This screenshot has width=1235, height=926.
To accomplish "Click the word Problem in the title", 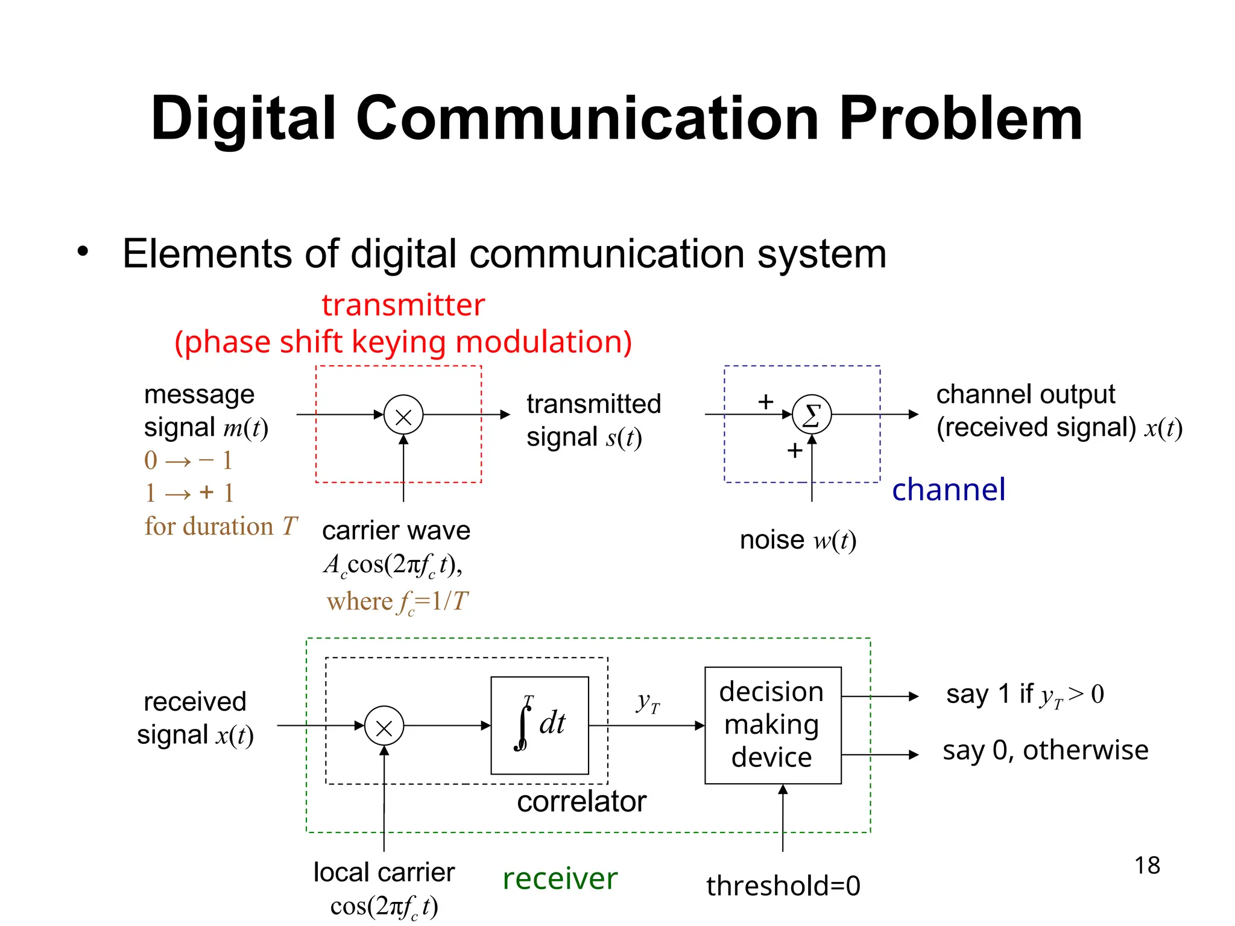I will (x=960, y=119).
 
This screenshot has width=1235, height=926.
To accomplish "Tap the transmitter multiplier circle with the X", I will (x=403, y=415).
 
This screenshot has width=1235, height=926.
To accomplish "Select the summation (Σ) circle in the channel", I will (x=812, y=415).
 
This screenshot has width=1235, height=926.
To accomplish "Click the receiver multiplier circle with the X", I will (x=384, y=726).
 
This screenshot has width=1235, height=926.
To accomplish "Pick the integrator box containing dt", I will (x=540, y=725).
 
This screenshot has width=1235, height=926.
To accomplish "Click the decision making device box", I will (x=772, y=725).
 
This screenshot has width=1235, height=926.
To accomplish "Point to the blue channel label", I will (x=948, y=490).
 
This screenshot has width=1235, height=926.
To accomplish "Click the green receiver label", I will (x=560, y=878).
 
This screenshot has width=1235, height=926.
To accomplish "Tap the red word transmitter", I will (x=403, y=305).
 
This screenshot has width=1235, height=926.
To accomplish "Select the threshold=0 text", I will (x=783, y=886).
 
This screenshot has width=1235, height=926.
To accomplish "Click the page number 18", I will (x=1146, y=866).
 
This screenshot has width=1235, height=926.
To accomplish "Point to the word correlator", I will (x=581, y=802).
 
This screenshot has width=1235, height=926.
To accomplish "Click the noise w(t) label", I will (x=797, y=540).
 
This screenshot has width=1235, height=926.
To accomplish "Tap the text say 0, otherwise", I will (x=1045, y=751).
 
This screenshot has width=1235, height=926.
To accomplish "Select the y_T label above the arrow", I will (x=648, y=703).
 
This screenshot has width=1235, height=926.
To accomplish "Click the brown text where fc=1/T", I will (x=397, y=602).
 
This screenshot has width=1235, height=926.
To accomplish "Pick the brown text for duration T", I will (x=221, y=526).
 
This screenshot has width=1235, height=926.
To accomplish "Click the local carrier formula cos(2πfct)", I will (x=384, y=907).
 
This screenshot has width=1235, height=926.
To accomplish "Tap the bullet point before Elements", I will (x=83, y=251).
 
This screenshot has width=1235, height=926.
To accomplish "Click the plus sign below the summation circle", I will (x=795, y=450).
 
